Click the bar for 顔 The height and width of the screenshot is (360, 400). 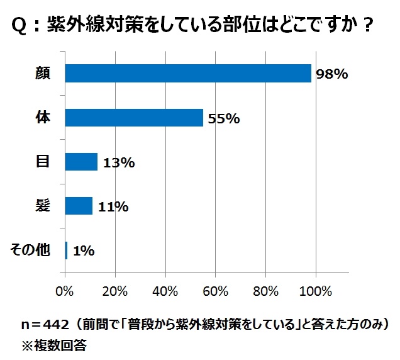[x=188, y=74]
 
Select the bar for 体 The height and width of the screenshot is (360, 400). [x=134, y=118]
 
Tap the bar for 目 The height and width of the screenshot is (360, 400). [x=81, y=162]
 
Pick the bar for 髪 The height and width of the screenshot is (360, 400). [x=79, y=206]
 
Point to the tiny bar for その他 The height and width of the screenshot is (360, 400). [x=67, y=250]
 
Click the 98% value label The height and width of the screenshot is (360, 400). [x=331, y=74]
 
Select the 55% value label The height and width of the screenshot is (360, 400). [x=223, y=118]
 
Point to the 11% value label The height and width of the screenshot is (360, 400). [x=113, y=206]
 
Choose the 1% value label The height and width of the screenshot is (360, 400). [x=84, y=250]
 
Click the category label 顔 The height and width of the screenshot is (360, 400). [x=43, y=74]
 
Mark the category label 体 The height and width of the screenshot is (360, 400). [x=43, y=118]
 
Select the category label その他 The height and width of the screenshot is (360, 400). [x=31, y=250]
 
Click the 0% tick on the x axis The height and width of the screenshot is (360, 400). [x=65, y=291]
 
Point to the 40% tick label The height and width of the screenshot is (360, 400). [x=165, y=291]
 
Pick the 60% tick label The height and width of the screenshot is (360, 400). [x=215, y=291]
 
